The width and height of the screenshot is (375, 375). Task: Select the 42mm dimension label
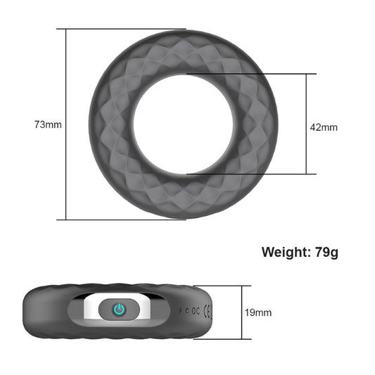[x=324, y=127]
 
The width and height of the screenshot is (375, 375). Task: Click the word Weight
[x=285, y=251]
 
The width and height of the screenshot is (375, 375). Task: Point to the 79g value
[x=326, y=251]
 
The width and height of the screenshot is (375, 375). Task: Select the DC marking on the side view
[x=193, y=309]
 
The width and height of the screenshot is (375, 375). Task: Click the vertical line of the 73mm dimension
[x=66, y=125]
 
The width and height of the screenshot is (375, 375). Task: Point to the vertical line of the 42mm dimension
[x=306, y=124]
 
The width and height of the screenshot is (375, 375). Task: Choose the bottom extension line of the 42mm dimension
[x=246, y=174]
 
